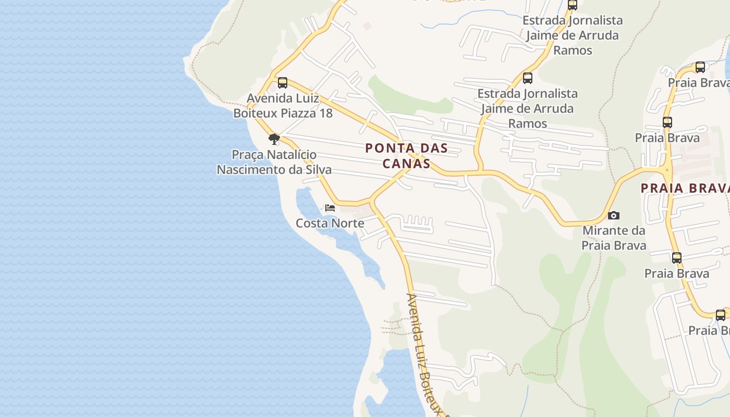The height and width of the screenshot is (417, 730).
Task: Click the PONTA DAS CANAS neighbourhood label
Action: click(x=406, y=155)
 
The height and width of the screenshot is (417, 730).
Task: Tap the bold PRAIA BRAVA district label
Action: click(x=685, y=188)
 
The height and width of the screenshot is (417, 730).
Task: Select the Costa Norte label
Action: click(x=330, y=223)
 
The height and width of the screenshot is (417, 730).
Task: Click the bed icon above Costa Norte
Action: click(x=330, y=207)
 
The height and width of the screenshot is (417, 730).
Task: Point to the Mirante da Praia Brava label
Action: click(x=614, y=238)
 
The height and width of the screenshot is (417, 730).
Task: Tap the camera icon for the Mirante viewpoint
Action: click(x=614, y=215)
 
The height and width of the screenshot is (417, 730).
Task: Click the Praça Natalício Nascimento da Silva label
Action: click(x=274, y=162)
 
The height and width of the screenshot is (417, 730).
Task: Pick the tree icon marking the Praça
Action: click(x=274, y=139)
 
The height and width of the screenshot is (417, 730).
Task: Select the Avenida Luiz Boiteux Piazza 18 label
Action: click(x=282, y=105)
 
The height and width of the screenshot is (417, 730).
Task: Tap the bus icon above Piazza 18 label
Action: click(x=283, y=83)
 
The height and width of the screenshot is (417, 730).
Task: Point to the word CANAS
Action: click(x=406, y=163)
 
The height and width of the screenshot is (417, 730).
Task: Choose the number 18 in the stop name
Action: click(x=325, y=113)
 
